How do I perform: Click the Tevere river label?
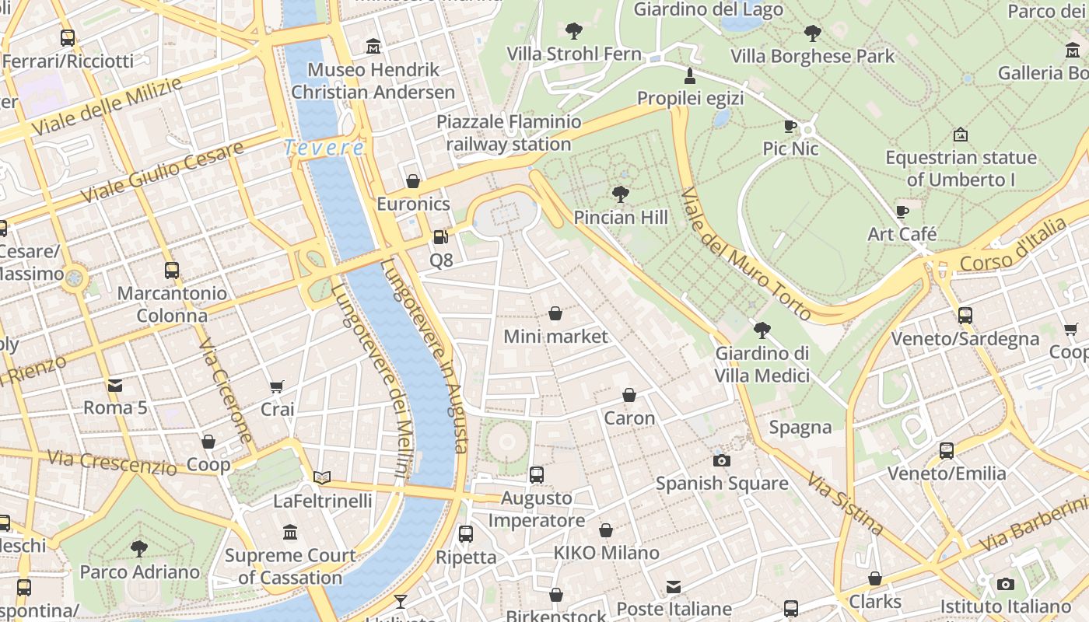pyautogui.click(x=324, y=147)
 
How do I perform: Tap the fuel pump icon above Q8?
pyautogui.click(x=441, y=236)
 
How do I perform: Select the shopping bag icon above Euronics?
pyautogui.click(x=413, y=181)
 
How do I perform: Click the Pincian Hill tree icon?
pyautogui.click(x=620, y=194)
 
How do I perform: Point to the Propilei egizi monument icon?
pyautogui.click(x=689, y=75)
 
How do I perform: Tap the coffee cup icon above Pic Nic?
pyautogui.click(x=790, y=126)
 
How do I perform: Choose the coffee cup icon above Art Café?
pyautogui.click(x=902, y=211)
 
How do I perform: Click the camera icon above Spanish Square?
pyautogui.click(x=722, y=460)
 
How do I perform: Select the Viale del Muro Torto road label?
pyautogui.click(x=745, y=253)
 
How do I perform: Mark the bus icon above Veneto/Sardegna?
pyautogui.click(x=965, y=316)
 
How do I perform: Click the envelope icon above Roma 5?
pyautogui.click(x=115, y=385)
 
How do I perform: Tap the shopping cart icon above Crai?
pyautogui.click(x=277, y=386)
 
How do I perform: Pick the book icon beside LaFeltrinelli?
pyautogui.click(x=322, y=477)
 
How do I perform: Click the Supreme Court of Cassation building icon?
pyautogui.click(x=290, y=533)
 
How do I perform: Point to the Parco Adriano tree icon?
pyautogui.click(x=140, y=549)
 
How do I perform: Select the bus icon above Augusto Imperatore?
pyautogui.click(x=536, y=474)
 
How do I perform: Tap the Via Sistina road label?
pyautogui.click(x=846, y=503)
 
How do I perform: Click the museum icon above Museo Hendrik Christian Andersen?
pyautogui.click(x=373, y=47)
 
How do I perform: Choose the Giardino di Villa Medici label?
pyautogui.click(x=762, y=365)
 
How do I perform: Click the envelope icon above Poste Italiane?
pyautogui.click(x=674, y=586)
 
